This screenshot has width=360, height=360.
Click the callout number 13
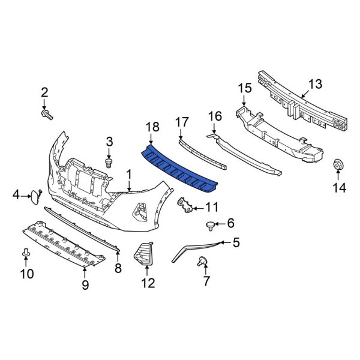316,83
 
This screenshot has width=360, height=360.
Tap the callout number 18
152,127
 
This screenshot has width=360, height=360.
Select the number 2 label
44,92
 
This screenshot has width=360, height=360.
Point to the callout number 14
340,189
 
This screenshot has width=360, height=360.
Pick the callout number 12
147,283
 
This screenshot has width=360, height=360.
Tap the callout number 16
214,116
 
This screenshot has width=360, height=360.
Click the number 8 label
118,269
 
